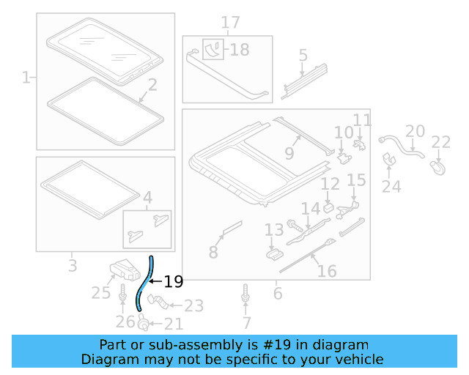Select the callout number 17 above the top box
tap(230, 23)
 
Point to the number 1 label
tap(26, 76)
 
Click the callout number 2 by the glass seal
tap(152, 86)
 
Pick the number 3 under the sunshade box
tap(72, 265)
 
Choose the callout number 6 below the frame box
tap(277, 293)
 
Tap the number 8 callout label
tap(213, 252)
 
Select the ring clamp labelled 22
tap(440, 169)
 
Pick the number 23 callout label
tap(193, 305)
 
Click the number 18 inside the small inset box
tap(239, 50)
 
